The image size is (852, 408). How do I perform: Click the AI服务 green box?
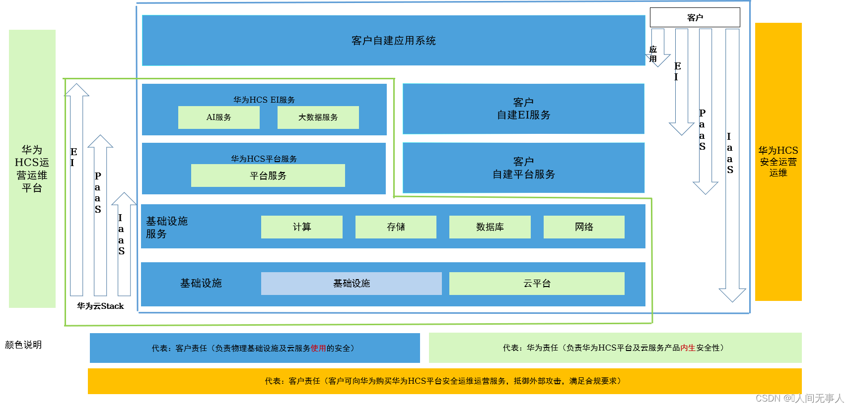pyautogui.click(x=218, y=117)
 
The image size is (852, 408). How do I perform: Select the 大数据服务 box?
pyautogui.click(x=318, y=117)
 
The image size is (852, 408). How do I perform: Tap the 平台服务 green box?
pyautogui.click(x=268, y=175)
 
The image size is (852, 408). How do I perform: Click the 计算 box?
pyautogui.click(x=301, y=227)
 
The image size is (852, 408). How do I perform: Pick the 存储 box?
pyautogui.click(x=396, y=227)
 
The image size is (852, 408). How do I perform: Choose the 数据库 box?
pyautogui.click(x=490, y=227)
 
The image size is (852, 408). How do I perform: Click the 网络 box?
pyautogui.click(x=584, y=227)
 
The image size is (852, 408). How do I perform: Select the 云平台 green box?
pyautogui.click(x=537, y=284)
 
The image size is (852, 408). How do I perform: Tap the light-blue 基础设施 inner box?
pyautogui.click(x=351, y=284)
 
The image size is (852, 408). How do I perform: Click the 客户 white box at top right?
pyautogui.click(x=695, y=17)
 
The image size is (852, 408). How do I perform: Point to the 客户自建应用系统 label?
pyautogui.click(x=393, y=41)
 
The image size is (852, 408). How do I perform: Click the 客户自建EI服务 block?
pyautogui.click(x=523, y=109)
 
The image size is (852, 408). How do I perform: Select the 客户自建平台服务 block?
pyautogui.click(x=523, y=168)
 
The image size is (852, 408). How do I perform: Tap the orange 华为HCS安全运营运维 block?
pyautogui.click(x=778, y=162)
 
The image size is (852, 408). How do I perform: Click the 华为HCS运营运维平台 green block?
pyautogui.click(x=32, y=169)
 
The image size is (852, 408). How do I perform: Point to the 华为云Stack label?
pyautogui.click(x=100, y=306)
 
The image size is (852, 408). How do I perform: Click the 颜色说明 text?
pyautogui.click(x=23, y=345)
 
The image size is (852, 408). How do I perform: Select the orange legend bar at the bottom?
pyautogui.click(x=444, y=381)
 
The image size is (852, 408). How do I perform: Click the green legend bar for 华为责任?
pyautogui.click(x=615, y=348)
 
